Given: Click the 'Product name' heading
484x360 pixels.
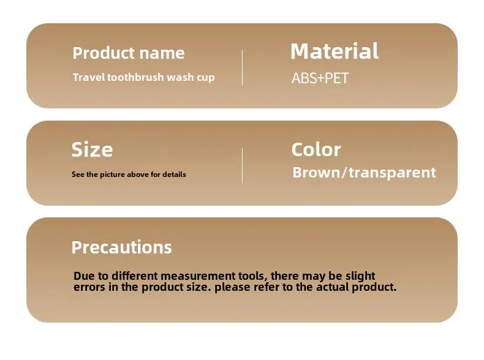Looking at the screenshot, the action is (x=129, y=53).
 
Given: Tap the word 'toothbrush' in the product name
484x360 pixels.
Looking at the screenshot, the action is (x=135, y=77).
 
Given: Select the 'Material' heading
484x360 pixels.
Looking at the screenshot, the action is (x=335, y=51).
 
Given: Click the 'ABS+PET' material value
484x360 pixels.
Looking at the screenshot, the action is (x=320, y=78).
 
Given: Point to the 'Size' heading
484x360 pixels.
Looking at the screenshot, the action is (x=92, y=149).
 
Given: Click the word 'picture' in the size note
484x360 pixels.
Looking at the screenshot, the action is (x=112, y=174).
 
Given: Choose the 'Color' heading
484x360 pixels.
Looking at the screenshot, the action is (x=316, y=149).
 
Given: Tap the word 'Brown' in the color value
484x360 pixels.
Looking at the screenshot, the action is (x=316, y=172).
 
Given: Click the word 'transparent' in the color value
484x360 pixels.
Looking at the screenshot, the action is (x=392, y=173).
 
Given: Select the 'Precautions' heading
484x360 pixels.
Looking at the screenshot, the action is (x=121, y=247).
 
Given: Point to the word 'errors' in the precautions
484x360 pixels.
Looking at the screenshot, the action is (x=89, y=287).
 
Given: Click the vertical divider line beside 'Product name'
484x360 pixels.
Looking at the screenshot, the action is (x=243, y=68).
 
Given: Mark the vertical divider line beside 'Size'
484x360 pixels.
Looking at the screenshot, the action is (x=243, y=165).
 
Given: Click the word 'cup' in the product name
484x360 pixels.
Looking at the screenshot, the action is (x=206, y=77).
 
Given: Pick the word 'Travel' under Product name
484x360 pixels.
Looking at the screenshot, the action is (x=89, y=77).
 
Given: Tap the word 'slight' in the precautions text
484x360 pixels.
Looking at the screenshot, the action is (x=360, y=276).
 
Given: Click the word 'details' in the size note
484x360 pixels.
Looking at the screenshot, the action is (x=174, y=174).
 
